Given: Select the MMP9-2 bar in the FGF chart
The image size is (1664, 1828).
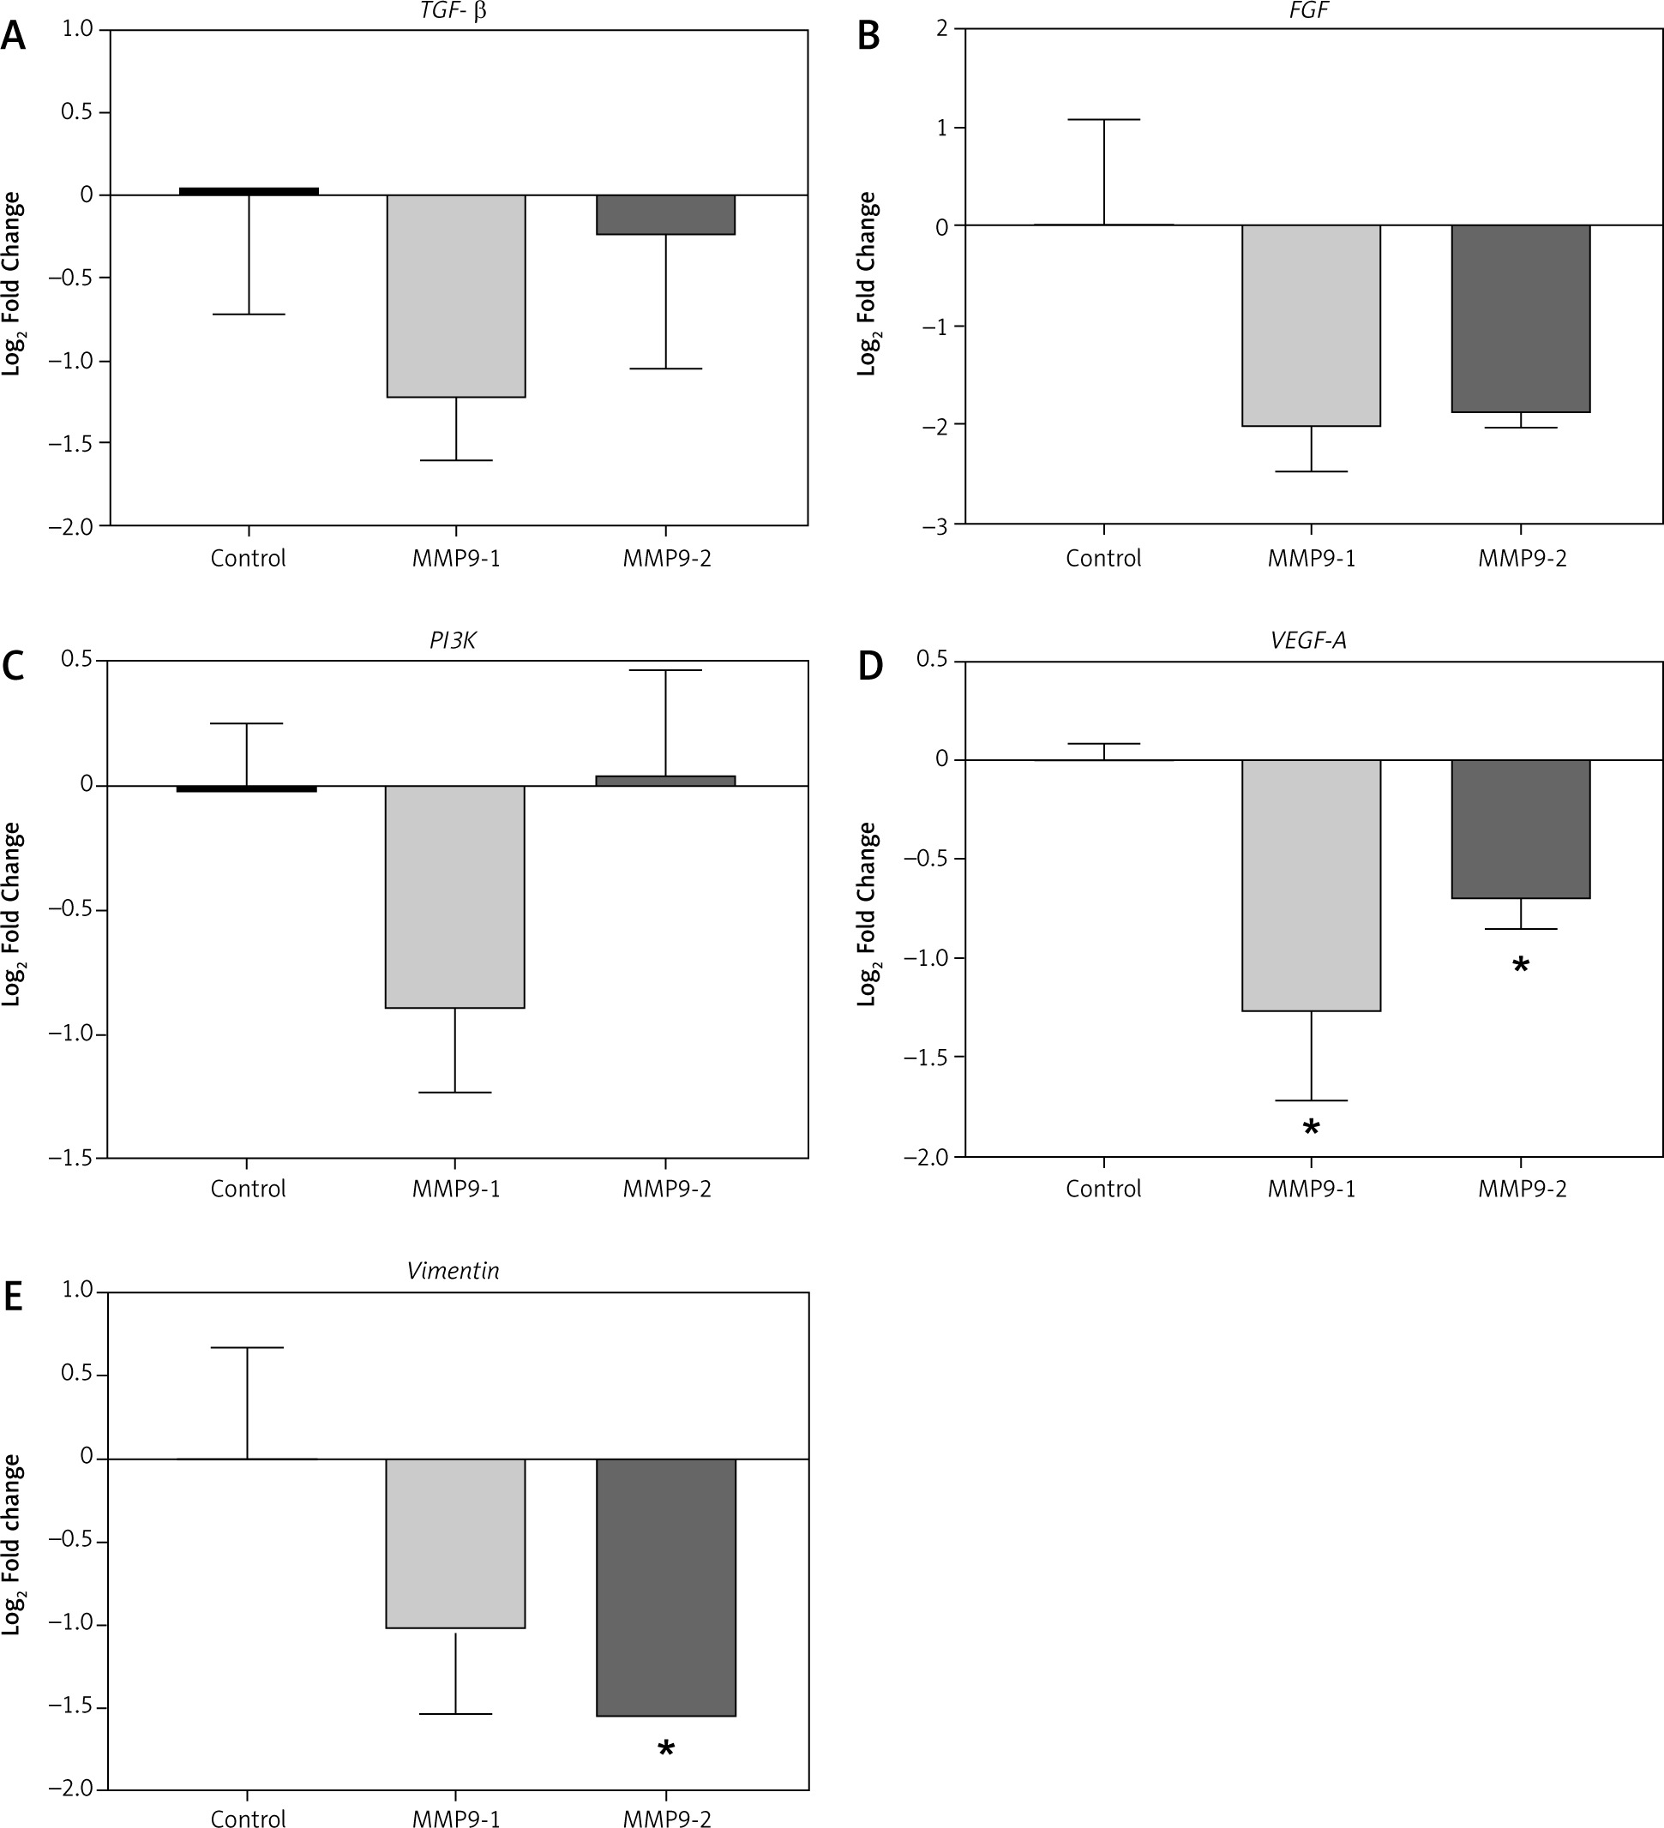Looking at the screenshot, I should point(1520,318).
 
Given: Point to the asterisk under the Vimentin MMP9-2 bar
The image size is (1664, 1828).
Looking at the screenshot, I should point(665,1749).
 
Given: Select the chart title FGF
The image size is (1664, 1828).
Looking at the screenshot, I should point(1308,12).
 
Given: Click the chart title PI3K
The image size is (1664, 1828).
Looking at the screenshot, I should point(453,641).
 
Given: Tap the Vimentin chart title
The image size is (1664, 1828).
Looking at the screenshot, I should point(453,1270).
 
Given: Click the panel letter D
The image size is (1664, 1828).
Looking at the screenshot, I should point(869,667).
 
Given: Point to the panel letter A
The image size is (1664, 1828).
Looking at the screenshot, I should point(14,36).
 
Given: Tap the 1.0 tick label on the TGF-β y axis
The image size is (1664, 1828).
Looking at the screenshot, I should point(78,29).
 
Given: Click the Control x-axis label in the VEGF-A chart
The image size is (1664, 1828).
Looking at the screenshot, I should point(1102,1189).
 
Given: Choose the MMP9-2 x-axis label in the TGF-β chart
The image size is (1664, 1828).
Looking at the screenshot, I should point(666,558).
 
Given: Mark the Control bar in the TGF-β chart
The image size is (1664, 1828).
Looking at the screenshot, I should point(248,191).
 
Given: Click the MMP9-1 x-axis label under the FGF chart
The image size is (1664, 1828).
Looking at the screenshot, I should point(1312,558).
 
